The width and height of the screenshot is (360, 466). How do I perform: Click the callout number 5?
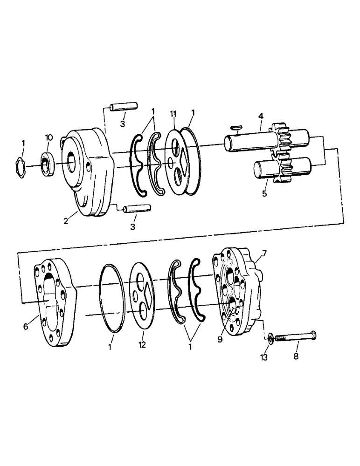[x=264, y=193]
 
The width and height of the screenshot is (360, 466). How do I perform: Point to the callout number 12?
[x=142, y=345]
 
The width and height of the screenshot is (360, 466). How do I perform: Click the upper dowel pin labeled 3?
[x=123, y=108]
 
